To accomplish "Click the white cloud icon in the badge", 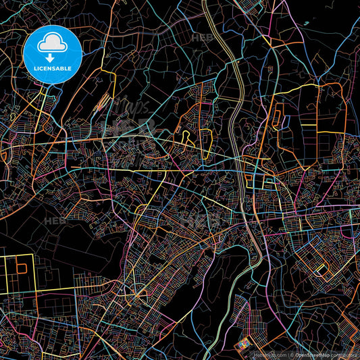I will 53,44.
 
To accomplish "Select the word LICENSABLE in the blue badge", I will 53,68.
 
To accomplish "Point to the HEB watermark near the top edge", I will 201,38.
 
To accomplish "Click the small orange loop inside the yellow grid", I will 22,268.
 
